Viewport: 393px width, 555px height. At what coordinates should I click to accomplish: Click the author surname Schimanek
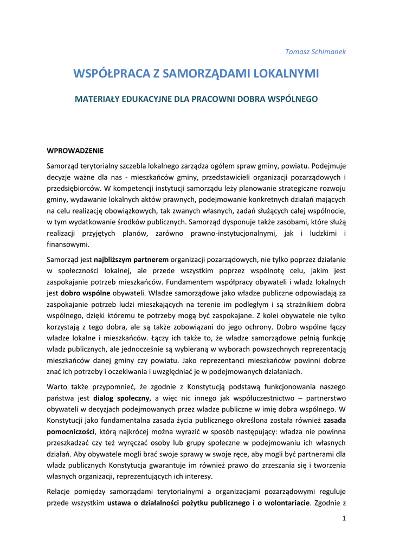[327, 51]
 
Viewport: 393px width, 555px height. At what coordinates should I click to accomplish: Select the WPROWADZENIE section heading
[75, 150]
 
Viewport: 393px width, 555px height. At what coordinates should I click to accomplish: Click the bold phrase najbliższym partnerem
[131, 260]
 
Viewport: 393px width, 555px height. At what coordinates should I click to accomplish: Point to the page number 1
[344, 519]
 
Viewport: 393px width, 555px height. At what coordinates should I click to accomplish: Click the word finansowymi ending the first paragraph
[68, 244]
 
